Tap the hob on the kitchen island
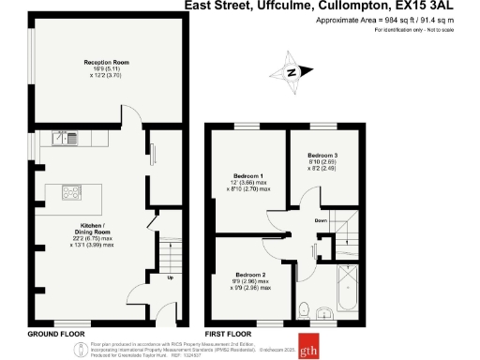(x=73, y=194)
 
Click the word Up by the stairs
(x=170, y=277)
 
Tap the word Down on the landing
(x=321, y=221)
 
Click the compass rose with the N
(x=292, y=70)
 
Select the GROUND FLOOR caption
(x=56, y=335)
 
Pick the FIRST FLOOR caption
(x=229, y=335)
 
